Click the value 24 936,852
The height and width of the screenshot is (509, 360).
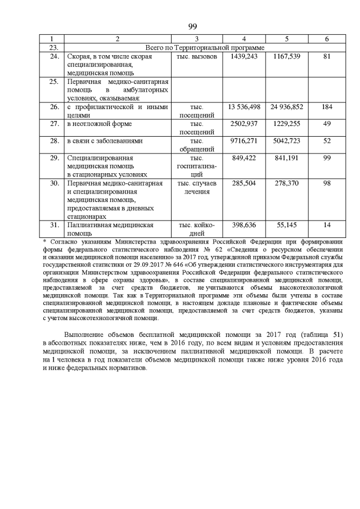tap(287, 106)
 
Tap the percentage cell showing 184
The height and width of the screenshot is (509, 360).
tap(327, 106)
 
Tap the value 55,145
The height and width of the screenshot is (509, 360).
tap(287, 225)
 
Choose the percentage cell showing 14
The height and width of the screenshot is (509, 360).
tap(327, 225)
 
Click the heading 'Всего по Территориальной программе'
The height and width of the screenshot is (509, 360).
tap(205, 48)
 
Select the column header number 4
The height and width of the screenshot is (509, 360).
tap(244, 39)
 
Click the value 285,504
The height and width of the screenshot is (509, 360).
tap(244, 183)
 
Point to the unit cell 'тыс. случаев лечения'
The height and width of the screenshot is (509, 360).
tap(196, 187)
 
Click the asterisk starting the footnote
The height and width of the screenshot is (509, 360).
tap(45, 241)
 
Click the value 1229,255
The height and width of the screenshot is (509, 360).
tap(287, 123)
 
